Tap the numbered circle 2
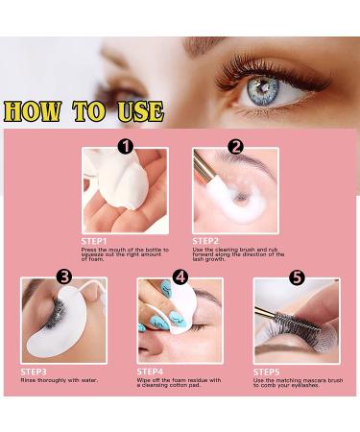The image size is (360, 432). (x=235, y=147)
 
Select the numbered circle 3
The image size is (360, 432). (x=64, y=276)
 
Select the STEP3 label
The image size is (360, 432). (x=35, y=371)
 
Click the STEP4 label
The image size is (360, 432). (x=150, y=371)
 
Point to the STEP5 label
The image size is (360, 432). (x=267, y=371)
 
